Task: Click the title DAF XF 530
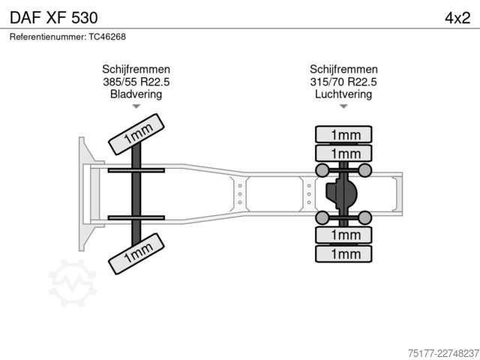(x=54, y=18)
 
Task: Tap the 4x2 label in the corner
(x=457, y=18)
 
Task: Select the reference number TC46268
(x=107, y=37)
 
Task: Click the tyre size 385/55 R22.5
(x=136, y=82)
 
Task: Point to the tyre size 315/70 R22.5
(x=343, y=82)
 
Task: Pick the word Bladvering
(x=136, y=94)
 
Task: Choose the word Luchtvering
(x=343, y=94)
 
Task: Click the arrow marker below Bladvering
(x=136, y=106)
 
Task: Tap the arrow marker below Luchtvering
(x=343, y=106)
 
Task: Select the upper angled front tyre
(x=136, y=134)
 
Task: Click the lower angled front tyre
(x=136, y=253)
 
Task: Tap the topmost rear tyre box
(x=343, y=134)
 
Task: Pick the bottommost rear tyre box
(x=343, y=253)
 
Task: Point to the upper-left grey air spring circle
(x=322, y=170)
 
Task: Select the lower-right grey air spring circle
(x=365, y=217)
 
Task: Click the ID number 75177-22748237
(x=443, y=353)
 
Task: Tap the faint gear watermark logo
(x=73, y=283)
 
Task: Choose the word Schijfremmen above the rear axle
(x=343, y=69)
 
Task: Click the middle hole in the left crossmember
(x=240, y=194)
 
